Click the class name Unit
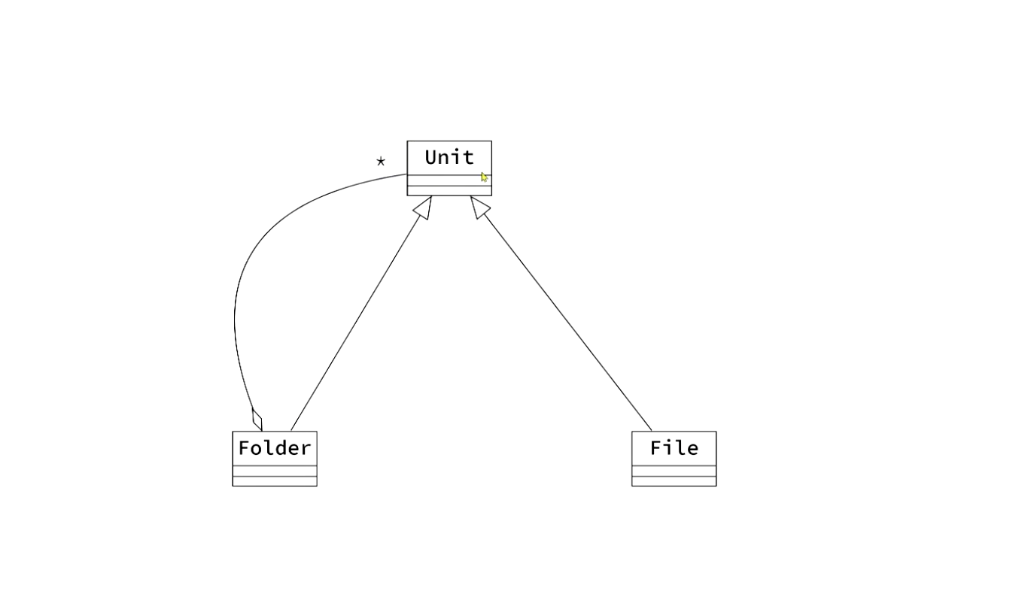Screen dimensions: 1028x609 tap(449, 158)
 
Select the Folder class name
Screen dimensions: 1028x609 tap(274, 448)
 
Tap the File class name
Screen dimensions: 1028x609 tap(674, 448)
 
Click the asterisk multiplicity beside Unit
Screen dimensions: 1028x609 tap(381, 161)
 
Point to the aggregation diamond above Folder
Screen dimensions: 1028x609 tap(257, 420)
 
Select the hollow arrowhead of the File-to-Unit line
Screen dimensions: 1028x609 tap(479, 207)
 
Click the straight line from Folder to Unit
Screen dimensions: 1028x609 tap(354, 323)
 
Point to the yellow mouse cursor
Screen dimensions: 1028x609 tap(484, 177)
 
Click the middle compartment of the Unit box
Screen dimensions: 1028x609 tap(444, 180)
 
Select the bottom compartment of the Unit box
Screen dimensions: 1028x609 tap(449, 191)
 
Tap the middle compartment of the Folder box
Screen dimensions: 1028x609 tap(274, 471)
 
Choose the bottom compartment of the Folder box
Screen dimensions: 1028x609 tap(274, 481)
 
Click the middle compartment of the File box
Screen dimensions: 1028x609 tap(674, 471)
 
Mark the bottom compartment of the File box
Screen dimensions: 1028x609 tap(674, 481)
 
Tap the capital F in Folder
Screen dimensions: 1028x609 tap(244, 448)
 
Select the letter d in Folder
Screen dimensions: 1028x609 tap(281, 448)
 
